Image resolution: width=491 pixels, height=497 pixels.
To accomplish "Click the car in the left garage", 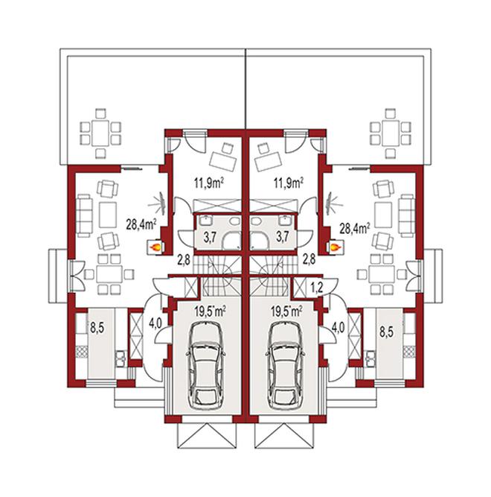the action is [206, 366].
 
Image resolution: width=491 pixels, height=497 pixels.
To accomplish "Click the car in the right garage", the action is [286, 366].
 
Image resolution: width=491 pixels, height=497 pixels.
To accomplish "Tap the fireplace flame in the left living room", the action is [155, 247].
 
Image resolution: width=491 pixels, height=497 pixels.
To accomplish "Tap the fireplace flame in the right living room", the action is [335, 247].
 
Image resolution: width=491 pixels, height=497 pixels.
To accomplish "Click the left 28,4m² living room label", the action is [141, 224].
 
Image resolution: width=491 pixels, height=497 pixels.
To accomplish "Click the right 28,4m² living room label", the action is [354, 228].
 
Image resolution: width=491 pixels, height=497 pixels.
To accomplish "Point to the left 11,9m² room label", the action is [209, 183].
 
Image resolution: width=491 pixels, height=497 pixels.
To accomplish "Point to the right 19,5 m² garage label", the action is [286, 311].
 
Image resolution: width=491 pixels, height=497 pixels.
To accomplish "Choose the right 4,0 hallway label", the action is [338, 328].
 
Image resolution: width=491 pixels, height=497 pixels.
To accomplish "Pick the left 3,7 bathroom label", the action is [210, 238].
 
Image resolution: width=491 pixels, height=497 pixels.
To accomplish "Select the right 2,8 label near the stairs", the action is [309, 259].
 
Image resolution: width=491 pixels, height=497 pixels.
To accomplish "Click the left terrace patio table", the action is [100, 133].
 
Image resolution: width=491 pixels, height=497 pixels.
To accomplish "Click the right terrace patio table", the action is [390, 133].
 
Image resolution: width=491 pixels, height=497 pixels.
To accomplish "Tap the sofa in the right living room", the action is [406, 215].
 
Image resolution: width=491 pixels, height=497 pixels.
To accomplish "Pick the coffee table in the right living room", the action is [383, 215].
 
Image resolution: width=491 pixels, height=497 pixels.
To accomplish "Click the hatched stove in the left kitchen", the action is [81, 352].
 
